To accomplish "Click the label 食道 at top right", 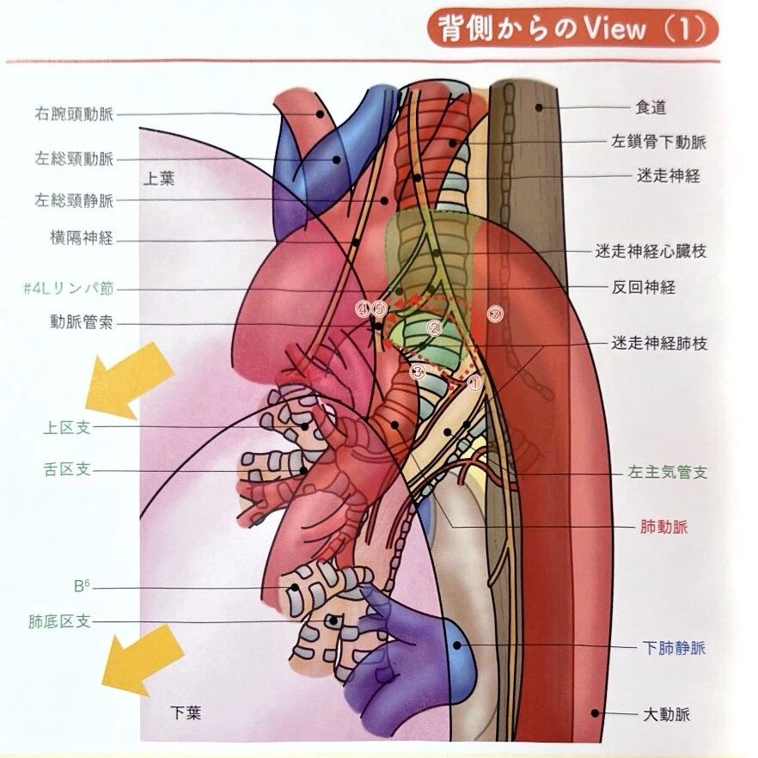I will pos(651,108).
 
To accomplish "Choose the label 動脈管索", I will pos(82,324).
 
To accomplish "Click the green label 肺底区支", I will pos(58,620).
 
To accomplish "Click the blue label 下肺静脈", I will pos(674,647).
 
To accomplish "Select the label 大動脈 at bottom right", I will pos(666,714).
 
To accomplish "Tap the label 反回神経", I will pos(646,287).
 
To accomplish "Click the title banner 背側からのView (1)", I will pos(572,29).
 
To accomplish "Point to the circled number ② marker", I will pos(434,328).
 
